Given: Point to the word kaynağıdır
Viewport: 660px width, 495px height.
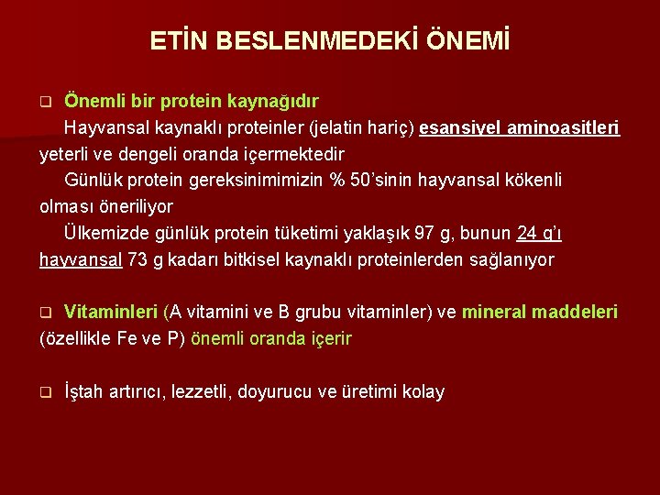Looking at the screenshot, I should (277, 99).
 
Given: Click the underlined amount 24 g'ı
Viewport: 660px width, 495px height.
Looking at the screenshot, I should (539, 233).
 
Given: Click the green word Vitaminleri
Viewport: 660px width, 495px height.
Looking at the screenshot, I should (111, 313).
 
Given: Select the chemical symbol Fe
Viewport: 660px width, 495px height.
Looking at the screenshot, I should (126, 339).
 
